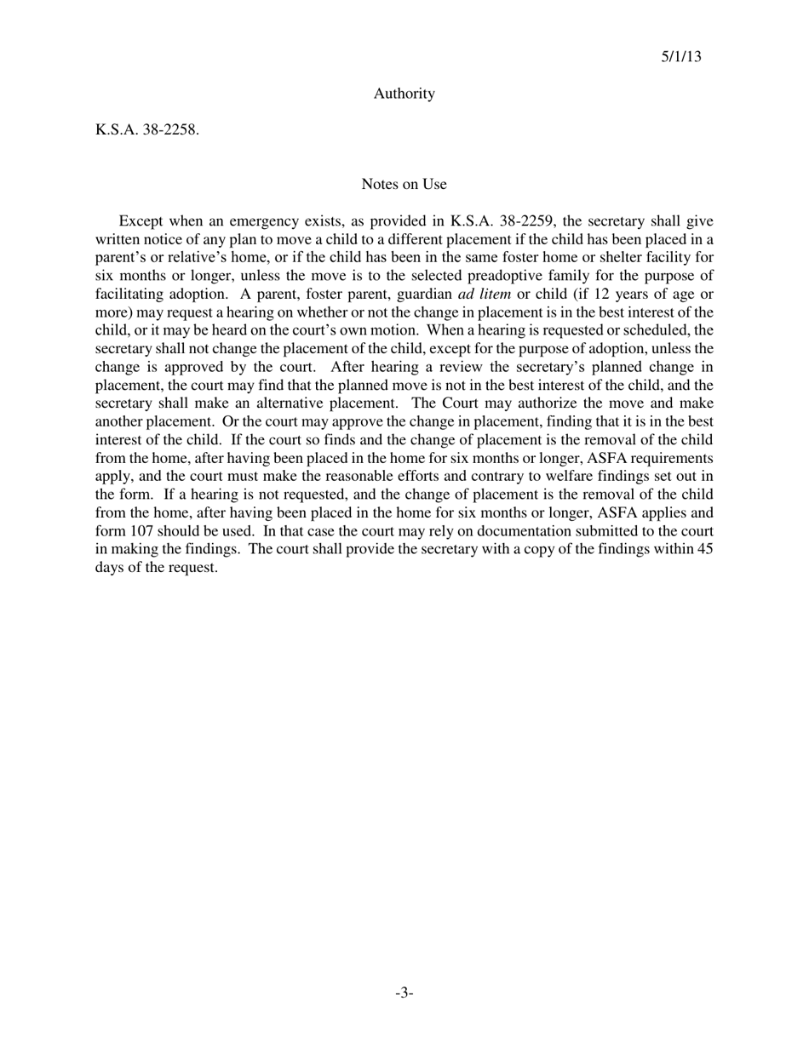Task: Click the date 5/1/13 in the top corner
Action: point(681,57)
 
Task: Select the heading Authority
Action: point(404,94)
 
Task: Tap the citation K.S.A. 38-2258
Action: point(146,130)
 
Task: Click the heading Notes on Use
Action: point(404,184)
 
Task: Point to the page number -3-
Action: point(404,993)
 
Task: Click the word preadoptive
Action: point(506,275)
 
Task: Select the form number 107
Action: point(141,531)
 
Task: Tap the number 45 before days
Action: point(704,549)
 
